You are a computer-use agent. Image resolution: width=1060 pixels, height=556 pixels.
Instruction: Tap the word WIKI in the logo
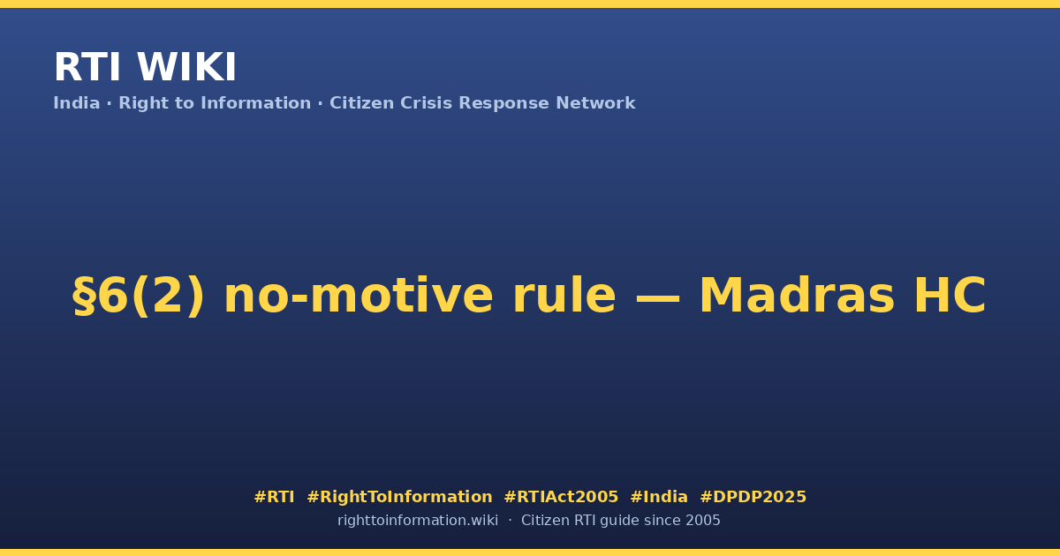coord(186,67)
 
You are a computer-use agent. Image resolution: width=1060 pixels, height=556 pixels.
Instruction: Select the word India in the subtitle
coord(77,103)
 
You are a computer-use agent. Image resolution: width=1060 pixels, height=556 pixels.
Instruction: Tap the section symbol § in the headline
coord(84,296)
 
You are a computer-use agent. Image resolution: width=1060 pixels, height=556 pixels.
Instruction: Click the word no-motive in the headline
coord(359,296)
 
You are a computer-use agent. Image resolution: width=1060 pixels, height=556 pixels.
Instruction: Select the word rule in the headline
coord(564,296)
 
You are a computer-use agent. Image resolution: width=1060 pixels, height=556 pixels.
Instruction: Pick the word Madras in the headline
coord(797,296)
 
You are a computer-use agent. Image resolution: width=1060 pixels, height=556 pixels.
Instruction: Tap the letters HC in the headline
coord(950,296)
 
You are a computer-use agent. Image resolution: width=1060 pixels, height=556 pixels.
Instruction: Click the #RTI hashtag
coord(274,497)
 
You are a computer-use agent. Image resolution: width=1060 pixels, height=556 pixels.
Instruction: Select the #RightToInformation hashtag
coord(399,497)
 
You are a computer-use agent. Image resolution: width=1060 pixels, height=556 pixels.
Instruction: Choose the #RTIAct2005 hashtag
coord(561,497)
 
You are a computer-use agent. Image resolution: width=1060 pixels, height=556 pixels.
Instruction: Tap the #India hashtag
coord(659,497)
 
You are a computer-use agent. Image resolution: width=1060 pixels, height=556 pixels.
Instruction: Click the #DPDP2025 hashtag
coord(753,497)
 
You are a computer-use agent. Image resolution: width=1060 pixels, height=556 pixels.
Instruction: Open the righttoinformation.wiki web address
coord(417,521)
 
